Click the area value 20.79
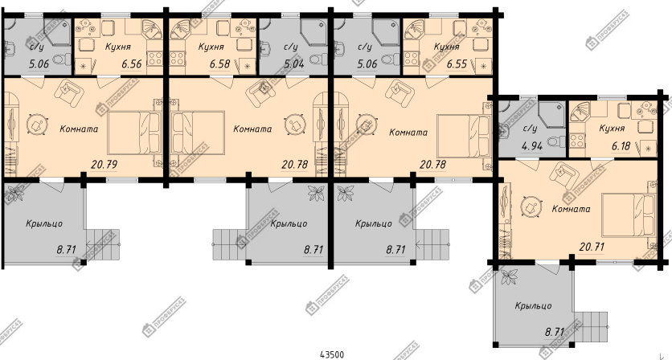tap(104, 164)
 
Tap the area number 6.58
tap(220, 64)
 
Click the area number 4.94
tap(532, 146)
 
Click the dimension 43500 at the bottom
tap(332, 354)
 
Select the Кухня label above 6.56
tap(118, 47)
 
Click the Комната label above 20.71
tap(571, 209)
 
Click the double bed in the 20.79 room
tap(134, 133)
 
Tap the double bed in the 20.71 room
tap(629, 215)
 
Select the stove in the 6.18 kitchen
tap(577, 141)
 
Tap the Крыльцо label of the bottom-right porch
tap(533, 306)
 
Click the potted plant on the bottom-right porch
tap(510, 276)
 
